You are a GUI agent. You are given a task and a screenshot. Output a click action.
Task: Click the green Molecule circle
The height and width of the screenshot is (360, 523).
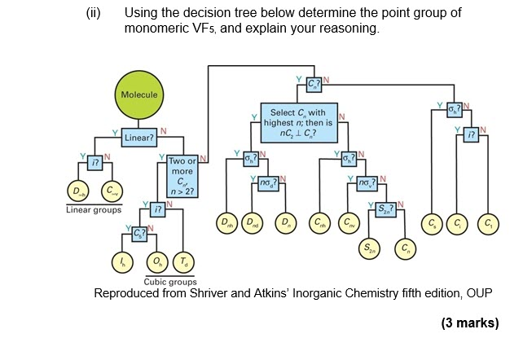[x=138, y=94]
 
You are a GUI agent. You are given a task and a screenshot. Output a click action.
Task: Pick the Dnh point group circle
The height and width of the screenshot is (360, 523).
[x=224, y=222]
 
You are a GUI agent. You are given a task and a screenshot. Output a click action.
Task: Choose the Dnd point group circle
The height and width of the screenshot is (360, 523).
[x=254, y=222]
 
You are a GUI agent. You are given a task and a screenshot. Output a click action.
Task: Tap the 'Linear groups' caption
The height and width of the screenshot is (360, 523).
[x=94, y=210]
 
